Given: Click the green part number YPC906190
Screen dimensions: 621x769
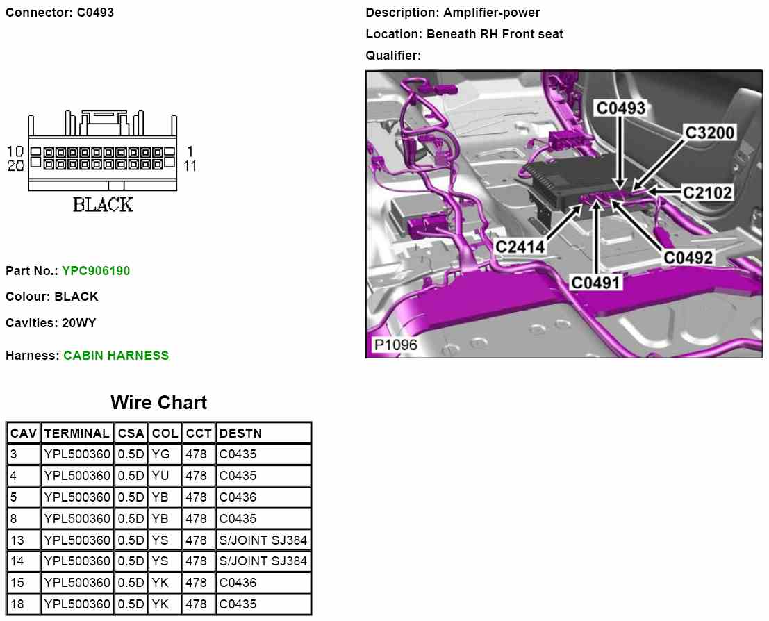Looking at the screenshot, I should (x=96, y=271).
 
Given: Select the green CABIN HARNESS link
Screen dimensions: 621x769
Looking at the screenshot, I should (x=116, y=356).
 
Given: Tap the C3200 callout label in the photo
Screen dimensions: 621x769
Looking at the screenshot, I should (x=709, y=133).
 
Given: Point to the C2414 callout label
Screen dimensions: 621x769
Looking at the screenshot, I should (x=520, y=246).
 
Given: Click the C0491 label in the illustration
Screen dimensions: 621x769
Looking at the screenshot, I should (x=595, y=283).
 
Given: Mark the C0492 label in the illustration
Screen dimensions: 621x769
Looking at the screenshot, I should (x=688, y=258).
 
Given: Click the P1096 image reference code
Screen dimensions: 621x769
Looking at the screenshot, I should (x=395, y=345).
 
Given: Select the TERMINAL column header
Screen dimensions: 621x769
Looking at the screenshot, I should (x=76, y=433).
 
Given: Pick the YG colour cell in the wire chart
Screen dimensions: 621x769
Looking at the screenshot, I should (x=160, y=455).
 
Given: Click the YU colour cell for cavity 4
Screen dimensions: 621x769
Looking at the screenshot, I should (x=160, y=477).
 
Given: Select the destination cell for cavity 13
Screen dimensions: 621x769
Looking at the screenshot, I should (x=263, y=540).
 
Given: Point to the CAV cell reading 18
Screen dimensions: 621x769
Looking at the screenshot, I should (x=17, y=604).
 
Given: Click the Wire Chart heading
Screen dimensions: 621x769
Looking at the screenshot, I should (x=158, y=403).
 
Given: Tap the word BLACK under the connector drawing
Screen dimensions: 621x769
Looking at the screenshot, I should (x=103, y=205).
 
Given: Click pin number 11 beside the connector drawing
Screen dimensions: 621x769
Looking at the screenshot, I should (x=190, y=165).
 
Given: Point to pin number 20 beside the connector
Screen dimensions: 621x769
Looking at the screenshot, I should (x=15, y=165).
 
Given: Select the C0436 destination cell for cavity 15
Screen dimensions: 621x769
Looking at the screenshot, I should (x=238, y=583).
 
